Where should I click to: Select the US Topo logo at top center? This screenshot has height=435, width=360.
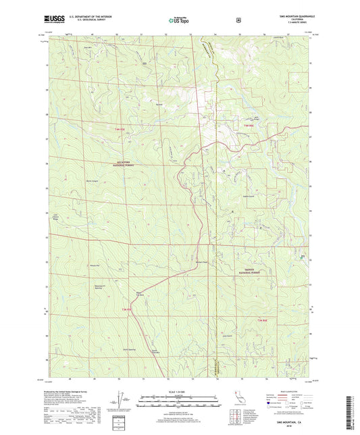pos(178,20)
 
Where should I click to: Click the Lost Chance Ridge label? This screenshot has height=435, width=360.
pos(57,217)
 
